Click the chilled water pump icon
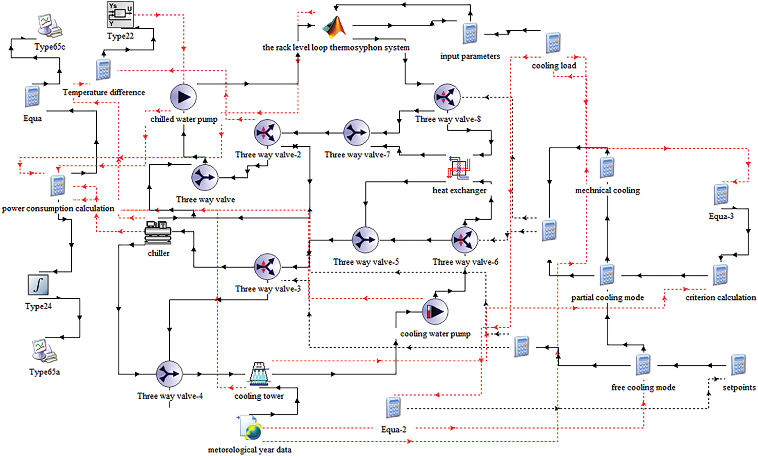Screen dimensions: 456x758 (x=183, y=97)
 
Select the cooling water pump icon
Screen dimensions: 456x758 (x=435, y=312)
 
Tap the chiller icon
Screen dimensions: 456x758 (x=158, y=232)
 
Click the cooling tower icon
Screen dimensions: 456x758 (x=259, y=374)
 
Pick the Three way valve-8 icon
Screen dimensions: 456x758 (x=447, y=97)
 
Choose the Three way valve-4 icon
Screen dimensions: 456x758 (x=170, y=374)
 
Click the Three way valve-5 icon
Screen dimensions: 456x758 (x=365, y=240)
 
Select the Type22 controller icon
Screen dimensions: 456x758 (x=120, y=15)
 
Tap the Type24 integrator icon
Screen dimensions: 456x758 (x=38, y=285)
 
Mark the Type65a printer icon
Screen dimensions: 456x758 (x=44, y=351)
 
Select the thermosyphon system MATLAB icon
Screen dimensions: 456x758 (x=334, y=27)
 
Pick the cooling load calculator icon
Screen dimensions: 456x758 (x=553, y=43)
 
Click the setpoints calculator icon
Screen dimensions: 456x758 (x=739, y=365)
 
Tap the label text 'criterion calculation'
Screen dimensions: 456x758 (x=721, y=297)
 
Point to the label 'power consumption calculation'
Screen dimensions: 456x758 (x=58, y=208)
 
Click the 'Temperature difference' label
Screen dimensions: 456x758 (x=103, y=92)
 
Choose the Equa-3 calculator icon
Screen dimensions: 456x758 (x=721, y=194)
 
